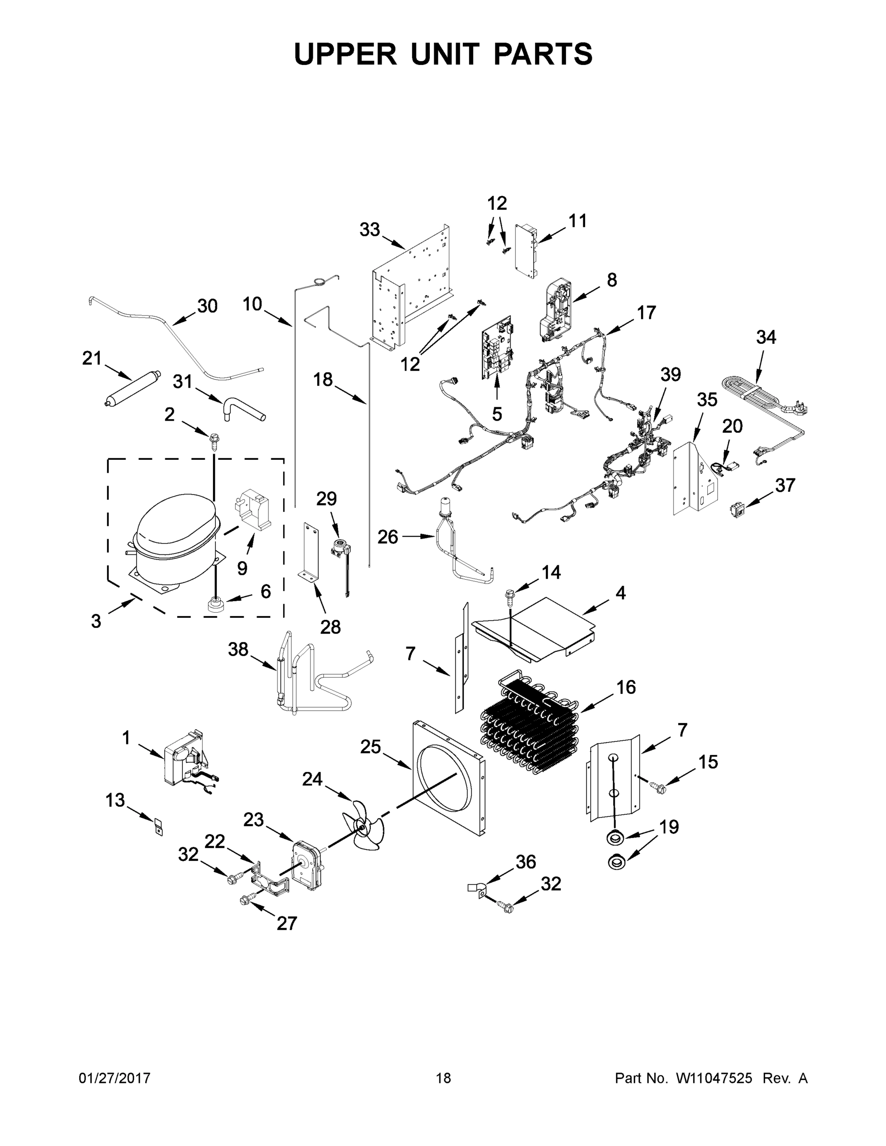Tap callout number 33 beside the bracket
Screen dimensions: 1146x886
(370, 229)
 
